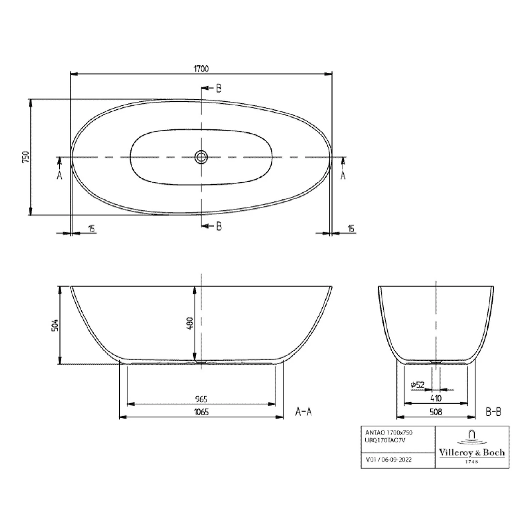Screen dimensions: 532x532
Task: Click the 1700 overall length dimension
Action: coord(201,69)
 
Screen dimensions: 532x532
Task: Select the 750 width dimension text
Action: coord(25,157)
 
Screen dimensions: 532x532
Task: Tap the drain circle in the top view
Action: coord(201,157)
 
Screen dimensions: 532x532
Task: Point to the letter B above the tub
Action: coord(219,88)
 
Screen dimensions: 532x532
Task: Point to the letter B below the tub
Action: coord(219,226)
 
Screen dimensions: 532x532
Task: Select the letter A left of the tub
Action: coord(60,174)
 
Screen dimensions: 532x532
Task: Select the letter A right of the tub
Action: coord(343,174)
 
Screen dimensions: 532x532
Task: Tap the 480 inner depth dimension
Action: coord(189,323)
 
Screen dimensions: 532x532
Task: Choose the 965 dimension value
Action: coord(201,399)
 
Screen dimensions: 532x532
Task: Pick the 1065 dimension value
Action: coord(201,412)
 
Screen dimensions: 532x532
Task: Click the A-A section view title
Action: coord(303,411)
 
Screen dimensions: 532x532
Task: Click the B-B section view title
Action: coord(493,411)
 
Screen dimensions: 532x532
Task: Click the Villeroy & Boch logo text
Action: coord(472,453)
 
